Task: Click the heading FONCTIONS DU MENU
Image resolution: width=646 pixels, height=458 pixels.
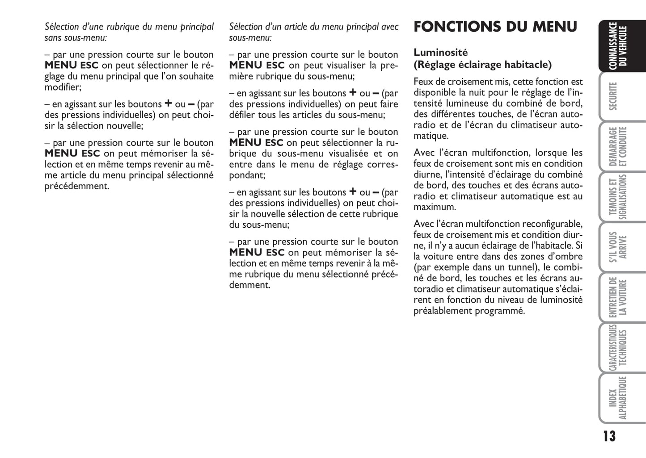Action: click(495, 27)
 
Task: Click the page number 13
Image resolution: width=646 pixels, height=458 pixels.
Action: click(609, 436)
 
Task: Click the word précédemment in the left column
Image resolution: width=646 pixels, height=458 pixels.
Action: click(76, 186)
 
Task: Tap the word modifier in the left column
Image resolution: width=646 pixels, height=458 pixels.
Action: click(62, 87)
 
